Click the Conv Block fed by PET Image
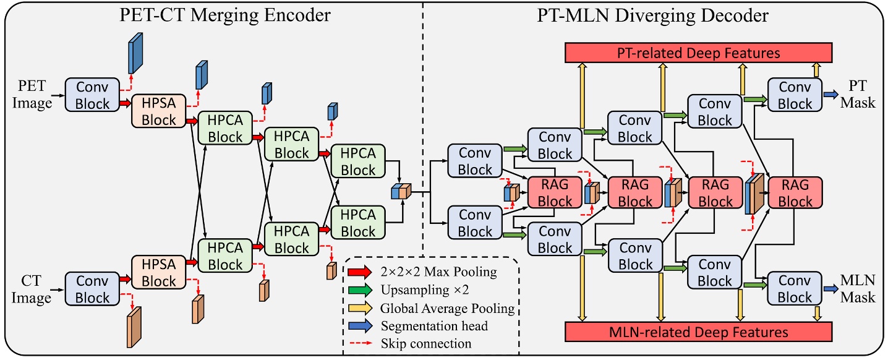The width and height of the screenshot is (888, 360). (x=92, y=95)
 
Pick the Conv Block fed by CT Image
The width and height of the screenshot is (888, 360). (x=92, y=289)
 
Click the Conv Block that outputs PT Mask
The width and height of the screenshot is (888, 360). (x=795, y=95)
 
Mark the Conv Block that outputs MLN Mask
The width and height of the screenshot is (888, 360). (x=795, y=289)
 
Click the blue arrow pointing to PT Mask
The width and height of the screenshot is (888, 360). (x=830, y=95)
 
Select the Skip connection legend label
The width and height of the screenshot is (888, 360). (x=427, y=343)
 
